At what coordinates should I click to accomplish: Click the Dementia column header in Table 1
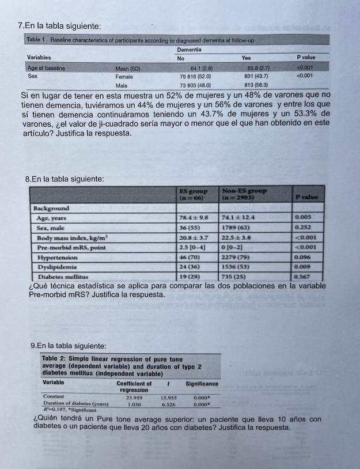(x=192, y=50)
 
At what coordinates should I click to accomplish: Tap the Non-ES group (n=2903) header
(x=241, y=194)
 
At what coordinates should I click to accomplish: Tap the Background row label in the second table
(x=51, y=208)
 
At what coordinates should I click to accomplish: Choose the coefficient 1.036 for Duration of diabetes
(x=133, y=403)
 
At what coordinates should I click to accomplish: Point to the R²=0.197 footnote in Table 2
(x=56, y=410)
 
